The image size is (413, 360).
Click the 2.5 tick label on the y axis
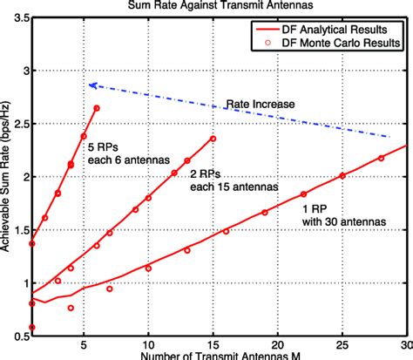(21, 123)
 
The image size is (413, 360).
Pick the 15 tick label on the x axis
(213, 345)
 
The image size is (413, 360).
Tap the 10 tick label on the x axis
(148, 345)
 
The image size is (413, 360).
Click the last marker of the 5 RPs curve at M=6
(97, 108)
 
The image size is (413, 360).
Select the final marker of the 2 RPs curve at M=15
(213, 139)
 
